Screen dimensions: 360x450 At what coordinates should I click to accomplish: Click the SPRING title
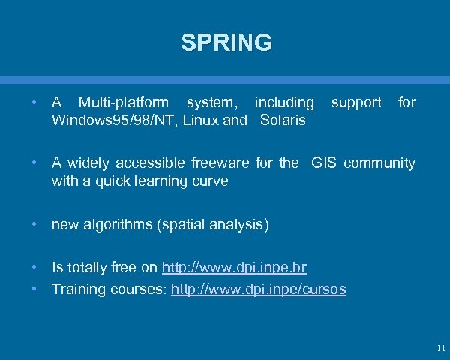226,43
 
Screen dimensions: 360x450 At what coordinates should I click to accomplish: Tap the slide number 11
439,348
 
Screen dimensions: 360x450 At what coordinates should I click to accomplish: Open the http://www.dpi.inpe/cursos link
259,289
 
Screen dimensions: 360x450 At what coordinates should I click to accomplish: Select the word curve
211,181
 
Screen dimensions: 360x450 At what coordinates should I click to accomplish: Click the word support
356,102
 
